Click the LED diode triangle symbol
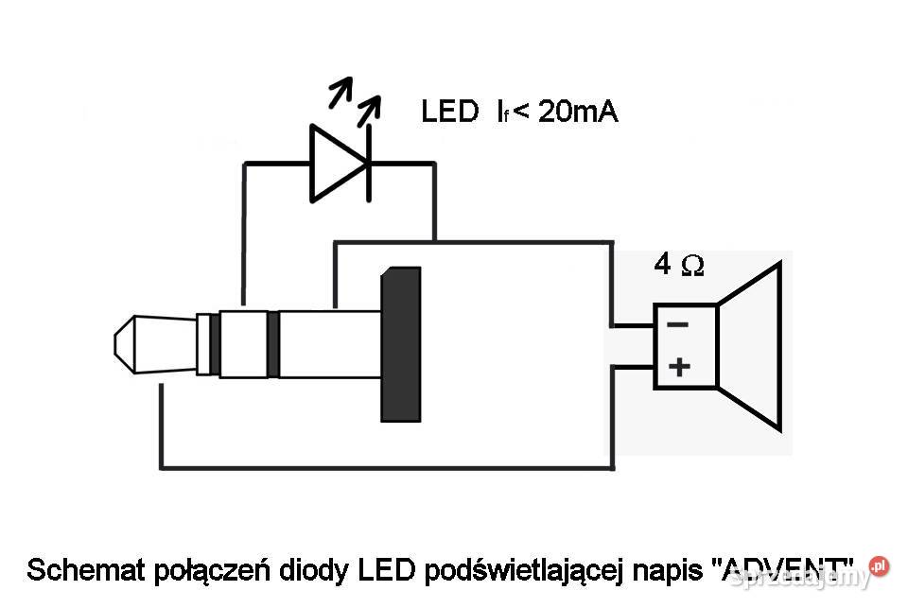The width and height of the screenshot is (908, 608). [x=336, y=164]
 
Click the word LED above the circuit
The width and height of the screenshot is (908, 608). [x=449, y=113]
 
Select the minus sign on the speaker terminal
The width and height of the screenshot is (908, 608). [x=678, y=324]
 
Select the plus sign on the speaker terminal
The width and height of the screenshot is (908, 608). [x=678, y=367]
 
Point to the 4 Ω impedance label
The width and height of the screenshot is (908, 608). [x=678, y=266]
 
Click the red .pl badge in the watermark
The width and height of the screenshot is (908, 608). [x=879, y=566]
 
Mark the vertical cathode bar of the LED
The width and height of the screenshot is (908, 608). [x=367, y=164]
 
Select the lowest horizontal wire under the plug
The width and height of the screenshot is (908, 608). [x=388, y=467]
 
